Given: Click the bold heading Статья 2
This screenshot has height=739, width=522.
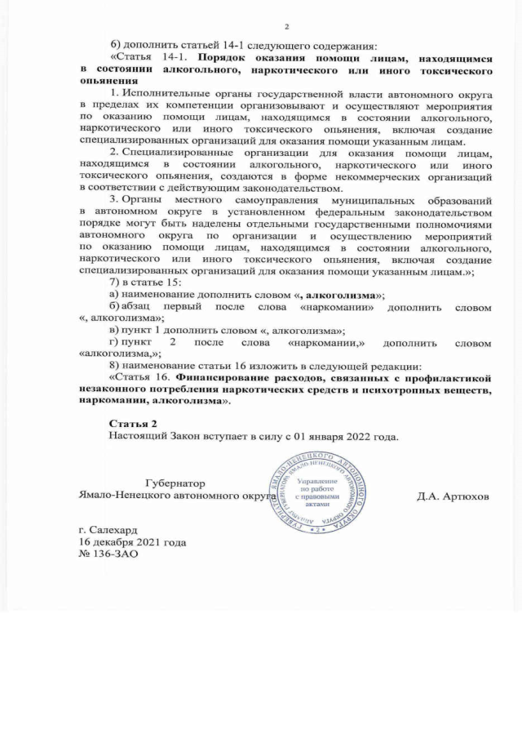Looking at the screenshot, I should (x=134, y=423).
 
